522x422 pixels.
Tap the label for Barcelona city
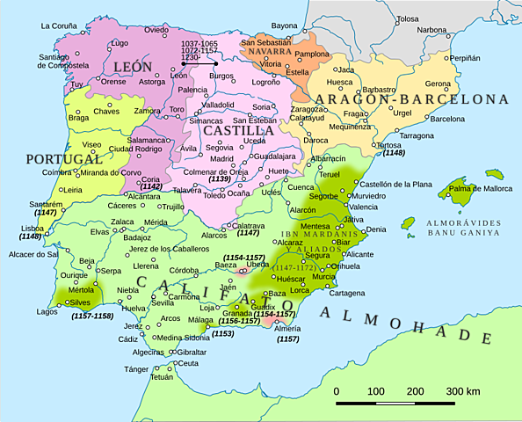point(447,119)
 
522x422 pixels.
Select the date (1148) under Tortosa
point(393,153)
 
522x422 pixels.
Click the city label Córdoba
point(184,270)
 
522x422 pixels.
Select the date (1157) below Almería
point(287,338)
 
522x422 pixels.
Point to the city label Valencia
point(363,207)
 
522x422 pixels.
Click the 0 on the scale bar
point(337,390)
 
